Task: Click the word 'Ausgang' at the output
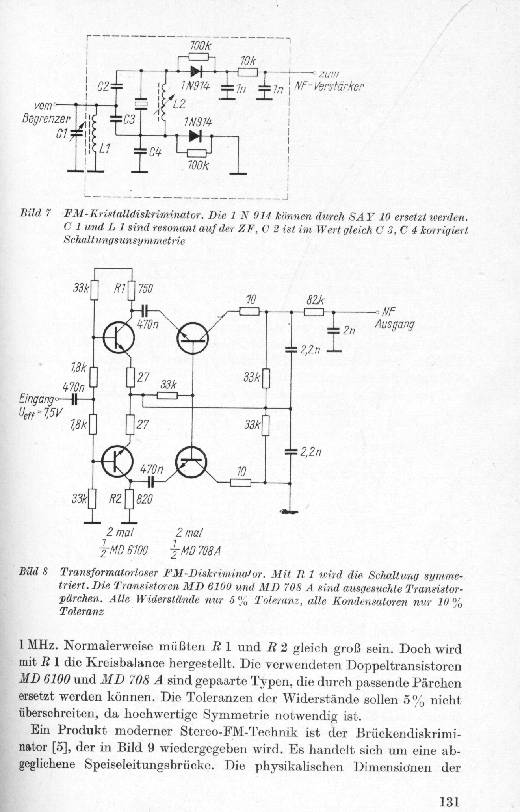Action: point(395,325)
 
